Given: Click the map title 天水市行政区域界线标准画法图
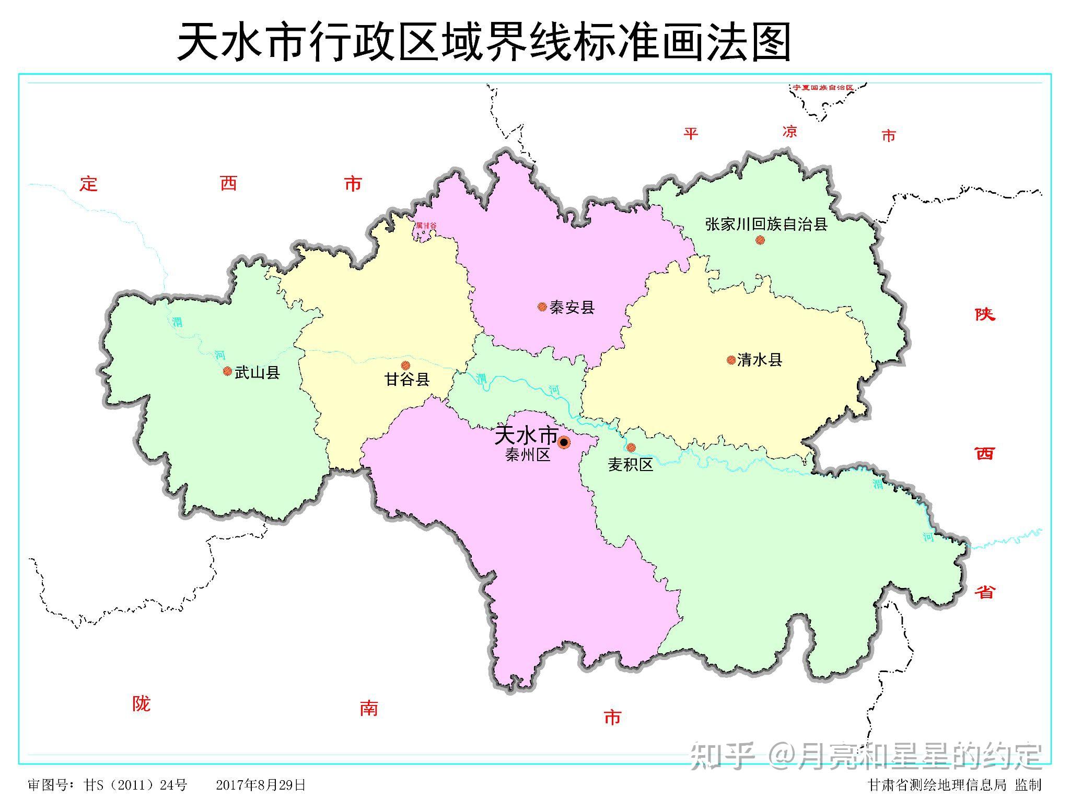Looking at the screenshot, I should click(x=484, y=42).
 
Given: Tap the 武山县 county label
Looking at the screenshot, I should click(x=257, y=372).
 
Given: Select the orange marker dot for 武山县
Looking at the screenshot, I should click(x=227, y=371).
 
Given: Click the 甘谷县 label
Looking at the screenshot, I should click(x=407, y=379).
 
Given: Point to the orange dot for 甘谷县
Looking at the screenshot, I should click(x=405, y=365).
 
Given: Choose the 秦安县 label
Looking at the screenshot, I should click(x=572, y=307).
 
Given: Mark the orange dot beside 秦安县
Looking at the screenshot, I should click(x=542, y=307).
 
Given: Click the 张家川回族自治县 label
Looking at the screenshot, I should click(x=766, y=225).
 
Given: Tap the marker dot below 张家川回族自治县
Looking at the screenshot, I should click(x=760, y=240).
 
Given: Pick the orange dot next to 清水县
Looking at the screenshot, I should click(x=731, y=360).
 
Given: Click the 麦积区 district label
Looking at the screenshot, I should click(x=631, y=464).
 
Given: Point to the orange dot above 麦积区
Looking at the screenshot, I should click(x=631, y=447).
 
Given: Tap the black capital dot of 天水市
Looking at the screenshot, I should click(x=564, y=443).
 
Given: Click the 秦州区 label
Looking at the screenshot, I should click(x=528, y=455).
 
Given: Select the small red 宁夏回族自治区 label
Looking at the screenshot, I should click(x=823, y=87).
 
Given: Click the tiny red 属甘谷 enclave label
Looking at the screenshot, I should click(x=426, y=226).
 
